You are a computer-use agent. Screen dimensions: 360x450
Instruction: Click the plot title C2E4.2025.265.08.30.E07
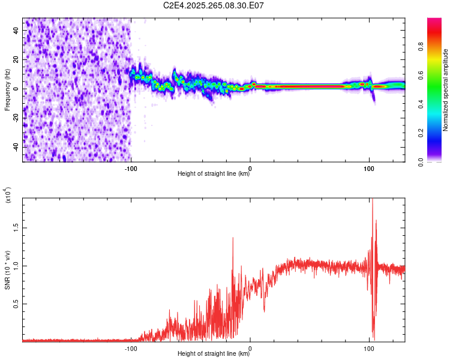pos(214,5)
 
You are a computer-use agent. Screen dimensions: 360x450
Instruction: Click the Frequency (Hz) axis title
pos(7,90)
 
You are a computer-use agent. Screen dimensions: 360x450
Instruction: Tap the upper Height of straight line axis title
pos(214,173)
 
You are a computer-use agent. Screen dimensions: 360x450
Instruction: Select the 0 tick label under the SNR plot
pos(250,347)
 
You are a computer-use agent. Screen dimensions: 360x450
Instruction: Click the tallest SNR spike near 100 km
pos(372,200)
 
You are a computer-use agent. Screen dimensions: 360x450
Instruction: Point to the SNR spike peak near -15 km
pos(233,238)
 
